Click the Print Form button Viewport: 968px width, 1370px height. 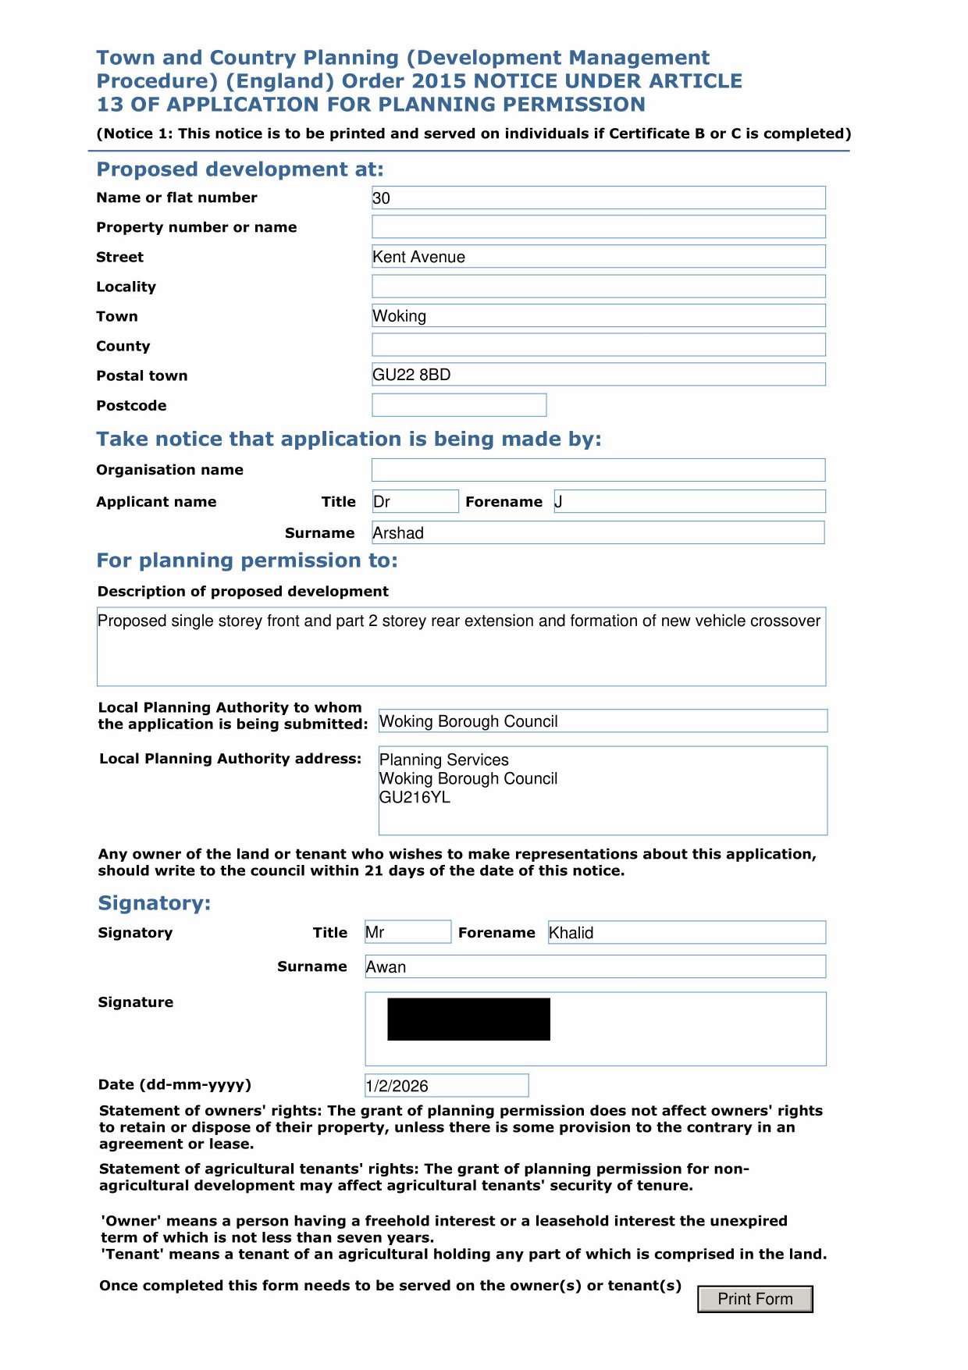coord(755,1299)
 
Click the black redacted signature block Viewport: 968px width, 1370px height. coord(468,1019)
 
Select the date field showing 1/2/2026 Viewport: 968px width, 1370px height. coord(447,1085)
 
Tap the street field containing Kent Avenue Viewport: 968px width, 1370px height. coord(598,257)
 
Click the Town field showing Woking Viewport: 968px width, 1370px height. coord(598,316)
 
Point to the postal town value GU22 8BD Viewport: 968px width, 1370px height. coord(411,375)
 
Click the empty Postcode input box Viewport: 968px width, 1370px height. coord(459,405)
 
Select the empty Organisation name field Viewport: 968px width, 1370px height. coord(598,470)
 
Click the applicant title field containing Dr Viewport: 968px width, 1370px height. coord(415,501)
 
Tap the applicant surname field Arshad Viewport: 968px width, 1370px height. coord(598,533)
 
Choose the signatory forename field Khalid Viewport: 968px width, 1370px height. coord(687,932)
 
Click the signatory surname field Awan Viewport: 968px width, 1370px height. coord(595,966)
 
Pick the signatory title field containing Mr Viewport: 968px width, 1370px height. coord(407,932)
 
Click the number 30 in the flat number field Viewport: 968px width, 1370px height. coord(382,198)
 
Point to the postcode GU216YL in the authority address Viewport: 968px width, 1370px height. coord(415,797)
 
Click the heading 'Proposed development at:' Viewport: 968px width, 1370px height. coord(240,169)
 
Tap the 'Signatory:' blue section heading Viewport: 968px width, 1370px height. coord(155,903)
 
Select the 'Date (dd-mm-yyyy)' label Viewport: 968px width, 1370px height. coord(175,1084)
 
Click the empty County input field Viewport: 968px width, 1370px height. coord(598,345)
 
